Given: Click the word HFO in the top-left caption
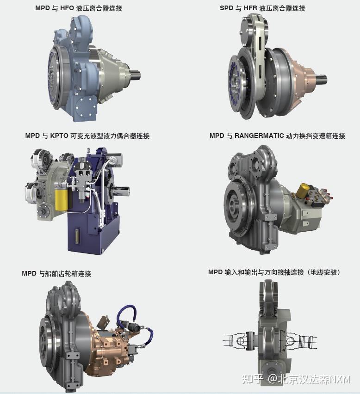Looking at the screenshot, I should tap(67, 8).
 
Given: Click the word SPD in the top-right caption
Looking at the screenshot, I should tap(227, 8).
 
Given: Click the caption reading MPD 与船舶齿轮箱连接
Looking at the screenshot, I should tap(56, 273).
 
